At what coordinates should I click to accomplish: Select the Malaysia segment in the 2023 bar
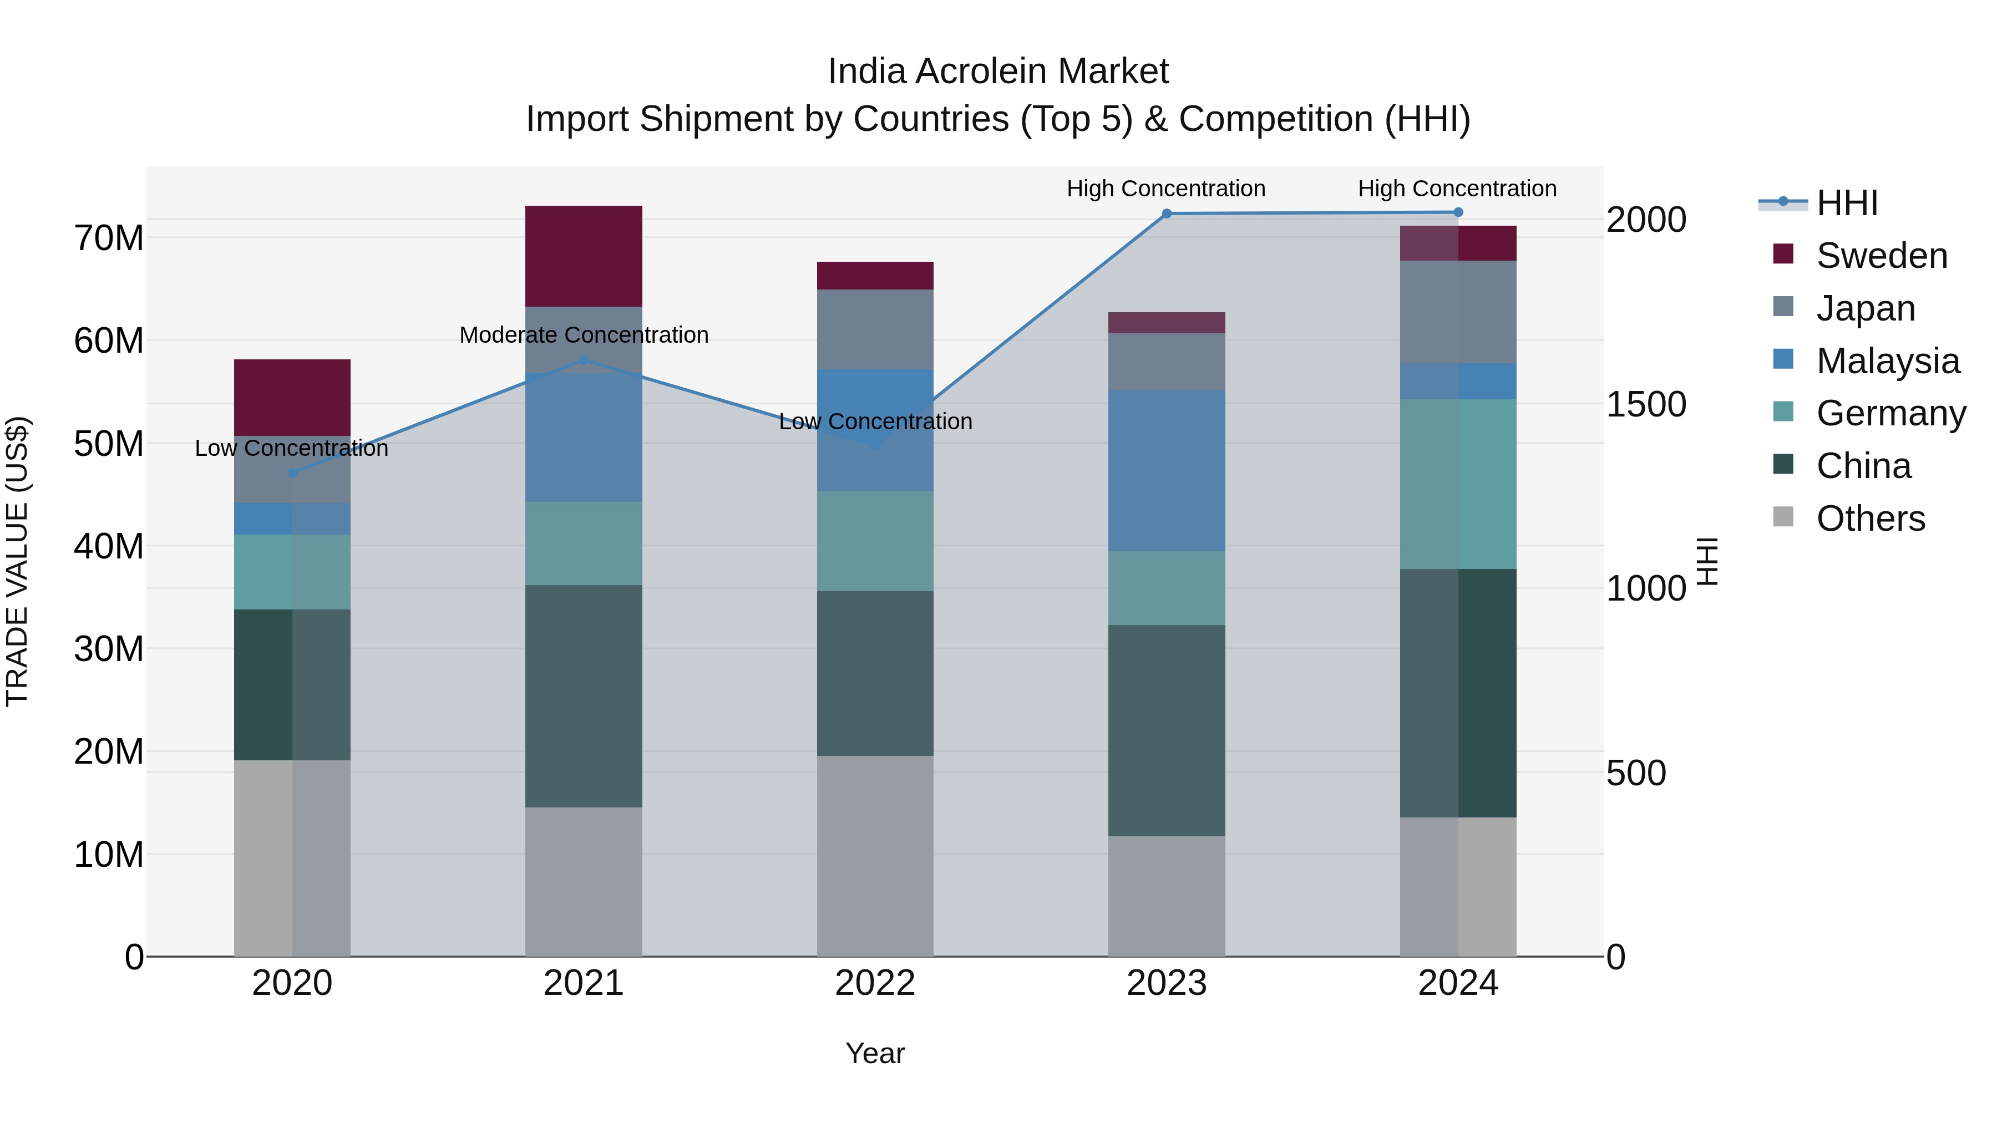coord(1166,470)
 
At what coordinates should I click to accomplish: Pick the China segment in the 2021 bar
coord(583,695)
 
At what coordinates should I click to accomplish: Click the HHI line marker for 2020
coord(292,472)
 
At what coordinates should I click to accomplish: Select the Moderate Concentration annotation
coord(583,335)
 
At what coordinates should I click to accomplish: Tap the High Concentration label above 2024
coord(1457,189)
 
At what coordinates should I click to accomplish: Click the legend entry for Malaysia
coord(1887,361)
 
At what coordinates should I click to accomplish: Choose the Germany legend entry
coord(1890,413)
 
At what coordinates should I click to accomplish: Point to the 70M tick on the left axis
coord(109,238)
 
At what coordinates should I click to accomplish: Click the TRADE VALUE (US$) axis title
coord(17,561)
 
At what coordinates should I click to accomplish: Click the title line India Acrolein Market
coord(998,72)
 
